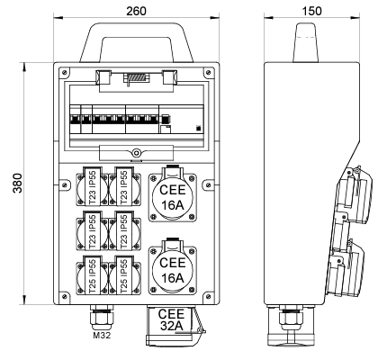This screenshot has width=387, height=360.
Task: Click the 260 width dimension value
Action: coord(136,11)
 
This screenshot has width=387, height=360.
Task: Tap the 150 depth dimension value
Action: coord(311,11)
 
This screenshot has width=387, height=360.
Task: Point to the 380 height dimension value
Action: coord(18,184)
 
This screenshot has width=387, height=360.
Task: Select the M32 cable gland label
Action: coord(102,335)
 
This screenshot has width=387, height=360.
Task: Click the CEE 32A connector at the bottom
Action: coord(171,325)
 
